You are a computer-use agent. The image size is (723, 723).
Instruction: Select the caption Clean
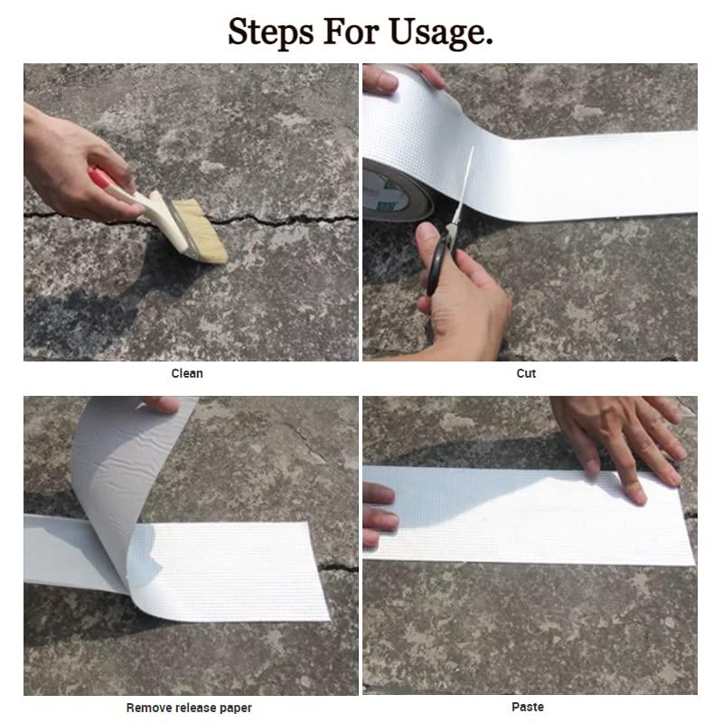[187, 373]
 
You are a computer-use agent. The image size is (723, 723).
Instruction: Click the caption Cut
[526, 373]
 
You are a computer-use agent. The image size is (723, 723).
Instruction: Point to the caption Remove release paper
[189, 708]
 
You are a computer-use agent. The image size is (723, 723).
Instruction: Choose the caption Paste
[528, 707]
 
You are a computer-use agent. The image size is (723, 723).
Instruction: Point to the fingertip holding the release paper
[163, 405]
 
